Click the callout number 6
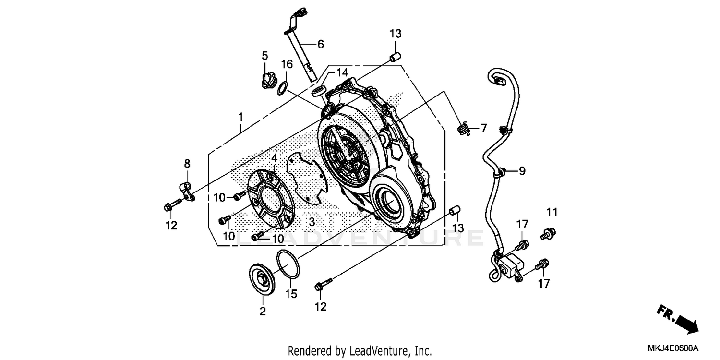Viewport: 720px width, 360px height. point(320,44)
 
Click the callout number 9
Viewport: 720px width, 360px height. point(522,170)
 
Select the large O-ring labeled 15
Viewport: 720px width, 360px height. point(289,264)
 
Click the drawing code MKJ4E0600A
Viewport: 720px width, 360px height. point(674,348)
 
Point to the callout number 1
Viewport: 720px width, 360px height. point(240,117)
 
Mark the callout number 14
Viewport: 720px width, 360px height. point(341,73)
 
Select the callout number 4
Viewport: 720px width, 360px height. point(274,158)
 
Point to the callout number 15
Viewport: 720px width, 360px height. point(291,293)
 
